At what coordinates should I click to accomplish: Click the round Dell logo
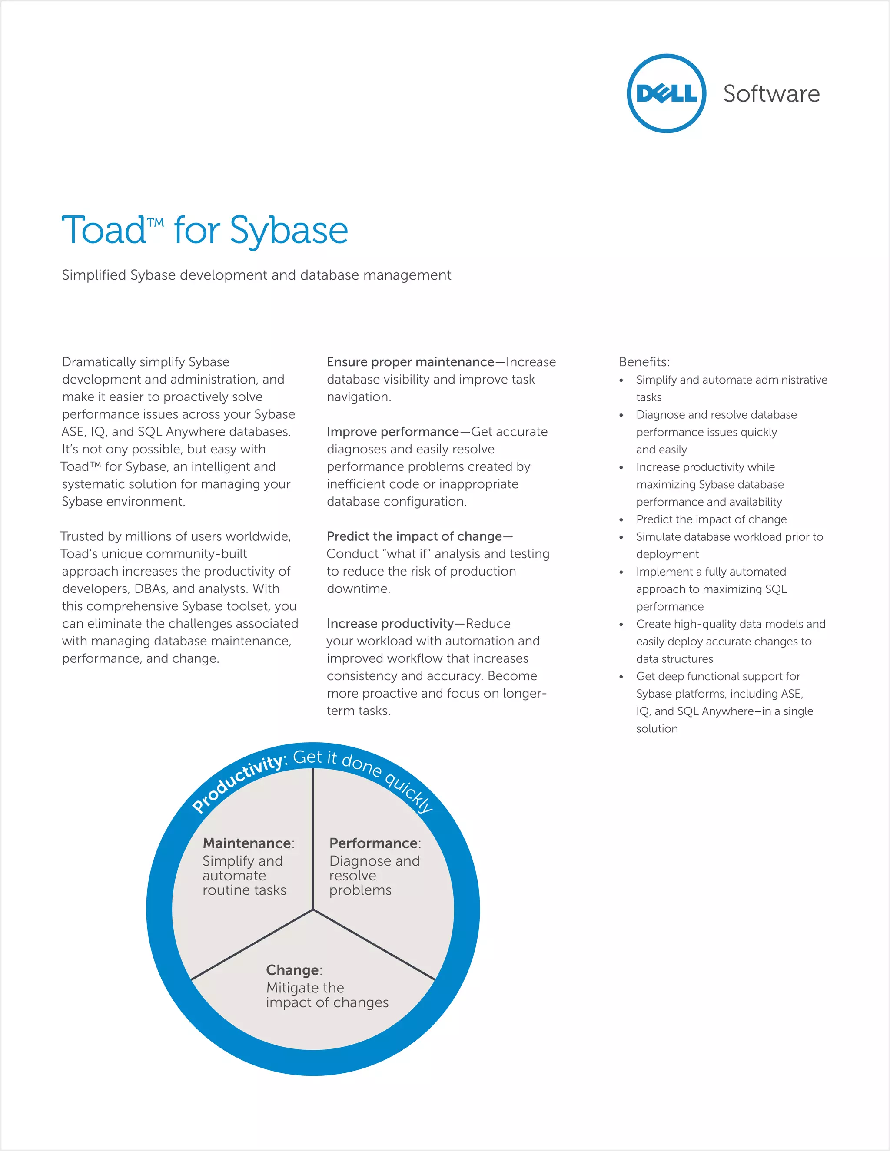(x=667, y=93)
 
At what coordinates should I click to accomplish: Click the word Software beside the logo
(x=771, y=94)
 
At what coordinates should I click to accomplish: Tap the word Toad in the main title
(x=104, y=230)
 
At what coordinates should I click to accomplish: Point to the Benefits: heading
(x=644, y=362)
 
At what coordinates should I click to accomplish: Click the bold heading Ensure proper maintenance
(x=410, y=362)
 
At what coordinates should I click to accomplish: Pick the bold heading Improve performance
(x=392, y=432)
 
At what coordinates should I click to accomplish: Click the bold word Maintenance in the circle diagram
(x=247, y=843)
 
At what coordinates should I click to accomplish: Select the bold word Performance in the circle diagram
(x=373, y=843)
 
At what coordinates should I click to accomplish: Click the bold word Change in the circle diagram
(x=292, y=970)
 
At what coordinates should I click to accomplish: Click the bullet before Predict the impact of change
(x=621, y=519)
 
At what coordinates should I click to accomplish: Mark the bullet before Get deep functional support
(x=621, y=677)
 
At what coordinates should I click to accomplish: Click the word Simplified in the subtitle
(x=93, y=275)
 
